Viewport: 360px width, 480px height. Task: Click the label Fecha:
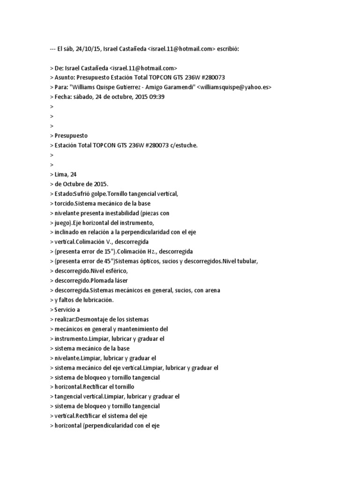click(63, 97)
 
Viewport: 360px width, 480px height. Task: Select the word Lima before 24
click(62, 174)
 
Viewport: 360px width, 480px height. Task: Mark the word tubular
click(247, 261)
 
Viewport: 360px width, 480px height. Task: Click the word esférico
click(115, 271)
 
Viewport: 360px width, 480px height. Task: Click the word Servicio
click(65, 310)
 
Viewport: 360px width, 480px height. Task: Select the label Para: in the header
click(61, 87)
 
